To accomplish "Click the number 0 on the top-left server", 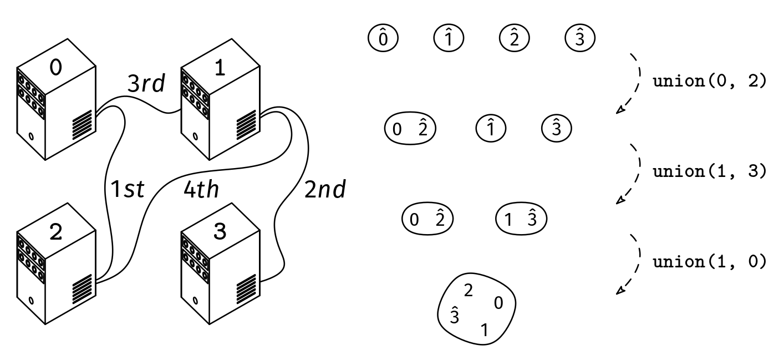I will [x=56, y=67].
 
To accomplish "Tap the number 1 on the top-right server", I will [x=220, y=67].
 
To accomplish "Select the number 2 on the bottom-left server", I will [x=56, y=232].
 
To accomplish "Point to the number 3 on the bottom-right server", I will [x=220, y=232].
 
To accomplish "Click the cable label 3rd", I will [x=146, y=84].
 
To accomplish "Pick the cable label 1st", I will [x=128, y=190].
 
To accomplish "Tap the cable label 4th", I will [x=201, y=190].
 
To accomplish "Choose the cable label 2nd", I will [x=325, y=190].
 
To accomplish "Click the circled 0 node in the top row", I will [x=383, y=38].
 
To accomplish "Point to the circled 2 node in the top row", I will [x=514, y=38].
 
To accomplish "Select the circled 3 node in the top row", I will [x=579, y=38].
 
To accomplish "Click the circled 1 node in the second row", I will [x=491, y=129].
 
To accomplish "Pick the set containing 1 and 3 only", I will [x=521, y=219].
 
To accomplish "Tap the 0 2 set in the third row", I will [x=427, y=219].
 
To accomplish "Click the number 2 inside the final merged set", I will [x=468, y=291].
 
